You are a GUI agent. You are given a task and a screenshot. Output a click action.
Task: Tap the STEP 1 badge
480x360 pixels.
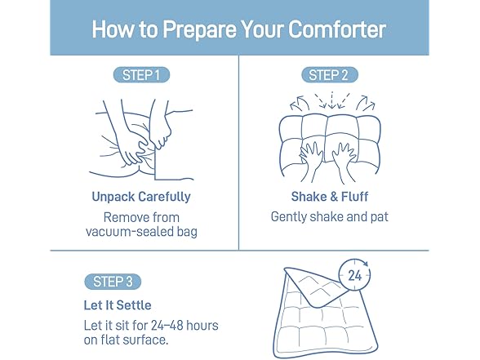point(141,75)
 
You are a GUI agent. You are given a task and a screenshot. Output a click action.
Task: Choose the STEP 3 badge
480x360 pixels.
point(113,282)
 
